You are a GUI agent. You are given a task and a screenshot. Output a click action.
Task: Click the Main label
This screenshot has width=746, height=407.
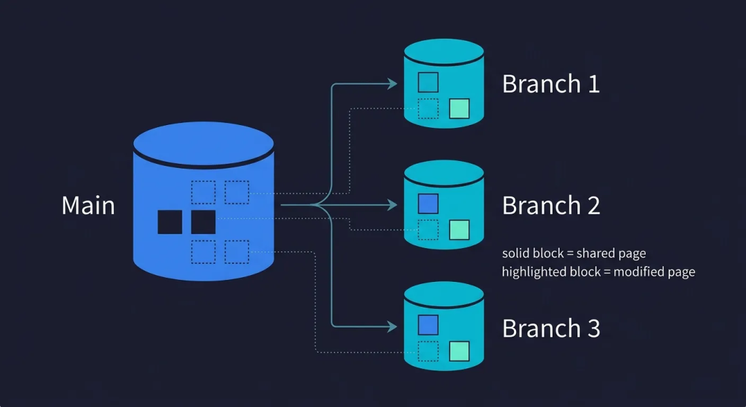point(88,206)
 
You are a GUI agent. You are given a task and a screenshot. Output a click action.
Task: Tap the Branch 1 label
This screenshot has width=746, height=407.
point(551,84)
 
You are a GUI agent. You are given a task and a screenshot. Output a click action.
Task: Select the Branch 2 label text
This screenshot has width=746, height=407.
point(551,206)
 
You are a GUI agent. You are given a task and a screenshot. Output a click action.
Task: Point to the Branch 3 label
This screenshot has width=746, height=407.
point(551,328)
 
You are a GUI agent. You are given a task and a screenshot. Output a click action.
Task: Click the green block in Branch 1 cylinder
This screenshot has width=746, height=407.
point(459,108)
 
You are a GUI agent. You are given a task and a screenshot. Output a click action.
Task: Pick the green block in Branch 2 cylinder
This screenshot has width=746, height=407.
point(459,230)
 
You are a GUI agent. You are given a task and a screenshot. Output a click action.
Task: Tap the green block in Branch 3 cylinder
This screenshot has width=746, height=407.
point(459,351)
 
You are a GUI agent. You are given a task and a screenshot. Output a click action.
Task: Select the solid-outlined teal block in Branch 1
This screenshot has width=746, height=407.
point(428,82)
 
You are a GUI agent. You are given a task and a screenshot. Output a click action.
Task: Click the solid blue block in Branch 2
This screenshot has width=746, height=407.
point(428,204)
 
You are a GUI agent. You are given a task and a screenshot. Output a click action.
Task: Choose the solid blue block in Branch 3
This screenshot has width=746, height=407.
point(428,325)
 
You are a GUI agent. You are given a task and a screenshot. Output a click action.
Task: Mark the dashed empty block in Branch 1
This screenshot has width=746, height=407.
point(428,108)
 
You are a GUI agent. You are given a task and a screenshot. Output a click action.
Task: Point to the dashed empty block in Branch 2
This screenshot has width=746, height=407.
point(428,230)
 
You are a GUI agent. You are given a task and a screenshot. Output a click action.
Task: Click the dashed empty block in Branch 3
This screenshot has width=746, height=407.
point(428,351)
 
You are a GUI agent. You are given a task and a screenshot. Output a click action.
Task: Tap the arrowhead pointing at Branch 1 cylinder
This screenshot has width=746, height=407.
point(393,84)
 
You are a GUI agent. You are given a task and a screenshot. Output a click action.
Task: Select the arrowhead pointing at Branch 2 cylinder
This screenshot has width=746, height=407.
point(393,205)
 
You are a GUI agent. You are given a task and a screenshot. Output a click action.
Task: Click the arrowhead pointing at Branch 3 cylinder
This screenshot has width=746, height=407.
point(393,327)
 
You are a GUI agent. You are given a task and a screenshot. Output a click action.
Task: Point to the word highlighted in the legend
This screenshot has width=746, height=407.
point(527,272)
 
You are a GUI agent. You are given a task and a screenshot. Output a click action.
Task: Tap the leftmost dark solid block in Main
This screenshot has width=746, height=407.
point(170,222)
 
